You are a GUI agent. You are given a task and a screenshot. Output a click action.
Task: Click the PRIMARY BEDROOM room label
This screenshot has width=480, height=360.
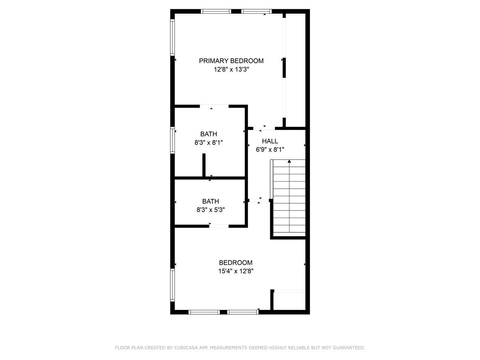(x=231, y=61)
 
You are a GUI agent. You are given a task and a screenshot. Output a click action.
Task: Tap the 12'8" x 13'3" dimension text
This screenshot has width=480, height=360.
(x=231, y=70)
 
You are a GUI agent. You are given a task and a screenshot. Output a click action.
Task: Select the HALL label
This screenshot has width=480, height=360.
(x=270, y=141)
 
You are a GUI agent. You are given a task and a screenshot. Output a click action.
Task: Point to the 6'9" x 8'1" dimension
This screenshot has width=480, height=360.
(x=270, y=150)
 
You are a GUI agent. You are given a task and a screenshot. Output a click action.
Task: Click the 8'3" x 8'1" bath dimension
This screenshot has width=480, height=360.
(x=209, y=143)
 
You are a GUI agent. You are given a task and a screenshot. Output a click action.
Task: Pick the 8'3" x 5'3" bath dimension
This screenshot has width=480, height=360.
(x=210, y=210)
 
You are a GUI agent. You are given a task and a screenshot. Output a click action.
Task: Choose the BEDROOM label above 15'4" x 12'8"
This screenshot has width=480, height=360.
(x=236, y=262)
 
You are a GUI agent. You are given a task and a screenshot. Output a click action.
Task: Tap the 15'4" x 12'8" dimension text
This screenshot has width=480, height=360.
(x=236, y=271)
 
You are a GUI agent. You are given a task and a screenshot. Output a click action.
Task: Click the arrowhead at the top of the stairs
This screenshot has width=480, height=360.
(x=289, y=161)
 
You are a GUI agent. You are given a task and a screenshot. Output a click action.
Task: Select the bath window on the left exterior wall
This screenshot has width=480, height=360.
(x=172, y=140)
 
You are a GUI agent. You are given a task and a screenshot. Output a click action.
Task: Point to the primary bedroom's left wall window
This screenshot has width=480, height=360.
(x=172, y=37)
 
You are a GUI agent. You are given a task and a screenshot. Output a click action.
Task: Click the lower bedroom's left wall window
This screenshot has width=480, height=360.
(x=172, y=285)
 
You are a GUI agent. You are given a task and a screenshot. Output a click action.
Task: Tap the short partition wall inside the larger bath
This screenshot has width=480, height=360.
(x=204, y=165)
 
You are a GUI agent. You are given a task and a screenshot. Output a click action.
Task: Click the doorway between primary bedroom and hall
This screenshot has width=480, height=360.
(x=264, y=128)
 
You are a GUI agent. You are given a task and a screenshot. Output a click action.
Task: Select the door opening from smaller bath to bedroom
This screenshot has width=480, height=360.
(x=219, y=226)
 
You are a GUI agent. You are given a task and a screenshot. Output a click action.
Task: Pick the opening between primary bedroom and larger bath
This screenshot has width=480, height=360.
(x=214, y=106)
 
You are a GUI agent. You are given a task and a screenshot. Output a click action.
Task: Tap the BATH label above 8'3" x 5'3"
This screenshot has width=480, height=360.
(x=210, y=201)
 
